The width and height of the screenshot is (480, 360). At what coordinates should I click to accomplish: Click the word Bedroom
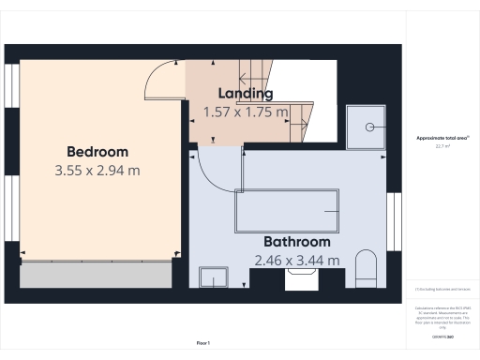click(x=97, y=152)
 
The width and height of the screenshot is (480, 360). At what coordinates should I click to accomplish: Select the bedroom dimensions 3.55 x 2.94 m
click(x=97, y=171)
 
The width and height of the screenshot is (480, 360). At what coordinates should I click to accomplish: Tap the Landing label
click(x=246, y=94)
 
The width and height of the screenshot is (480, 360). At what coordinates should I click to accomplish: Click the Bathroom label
click(x=296, y=241)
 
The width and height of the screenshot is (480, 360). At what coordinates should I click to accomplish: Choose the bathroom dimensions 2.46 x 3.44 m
click(x=297, y=260)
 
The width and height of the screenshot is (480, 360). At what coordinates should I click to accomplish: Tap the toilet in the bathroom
click(x=365, y=271)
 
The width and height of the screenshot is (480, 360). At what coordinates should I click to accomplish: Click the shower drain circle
click(x=370, y=125)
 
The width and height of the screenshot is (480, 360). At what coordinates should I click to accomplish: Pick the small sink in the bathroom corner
click(x=214, y=277)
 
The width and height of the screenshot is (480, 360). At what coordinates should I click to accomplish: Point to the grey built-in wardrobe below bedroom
click(x=96, y=276)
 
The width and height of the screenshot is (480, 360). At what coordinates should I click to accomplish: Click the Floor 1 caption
click(x=203, y=344)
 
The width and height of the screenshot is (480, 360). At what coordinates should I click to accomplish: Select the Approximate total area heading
click(x=442, y=138)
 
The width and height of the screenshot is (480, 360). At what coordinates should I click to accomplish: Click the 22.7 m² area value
click(x=442, y=146)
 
